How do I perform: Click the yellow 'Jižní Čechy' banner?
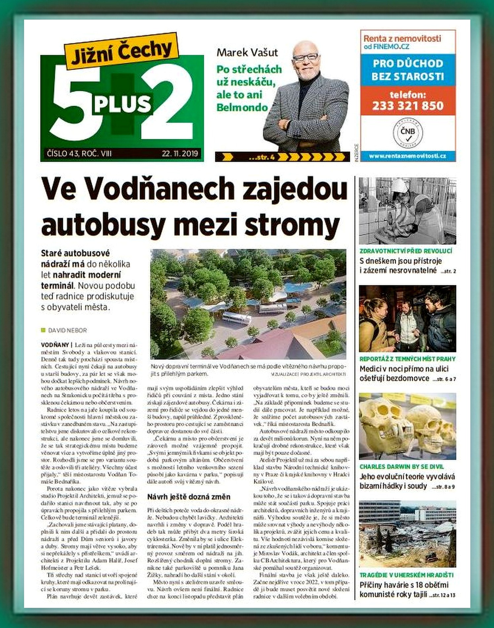tap(121, 51)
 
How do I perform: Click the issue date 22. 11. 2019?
tap(180, 153)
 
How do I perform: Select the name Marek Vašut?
tap(247, 53)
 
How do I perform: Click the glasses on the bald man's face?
tap(305, 57)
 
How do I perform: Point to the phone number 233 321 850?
tap(408, 106)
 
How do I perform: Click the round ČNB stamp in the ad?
tap(408, 132)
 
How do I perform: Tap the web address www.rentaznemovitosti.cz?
tap(408, 156)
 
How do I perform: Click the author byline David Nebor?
tap(67, 330)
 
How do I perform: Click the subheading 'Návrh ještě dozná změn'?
tap(189, 497)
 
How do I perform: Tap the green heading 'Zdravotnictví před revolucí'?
tap(406, 251)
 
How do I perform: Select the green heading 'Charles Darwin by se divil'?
tap(401, 467)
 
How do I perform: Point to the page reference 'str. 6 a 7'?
tap(445, 379)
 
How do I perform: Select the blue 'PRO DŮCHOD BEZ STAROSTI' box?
tap(408, 70)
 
